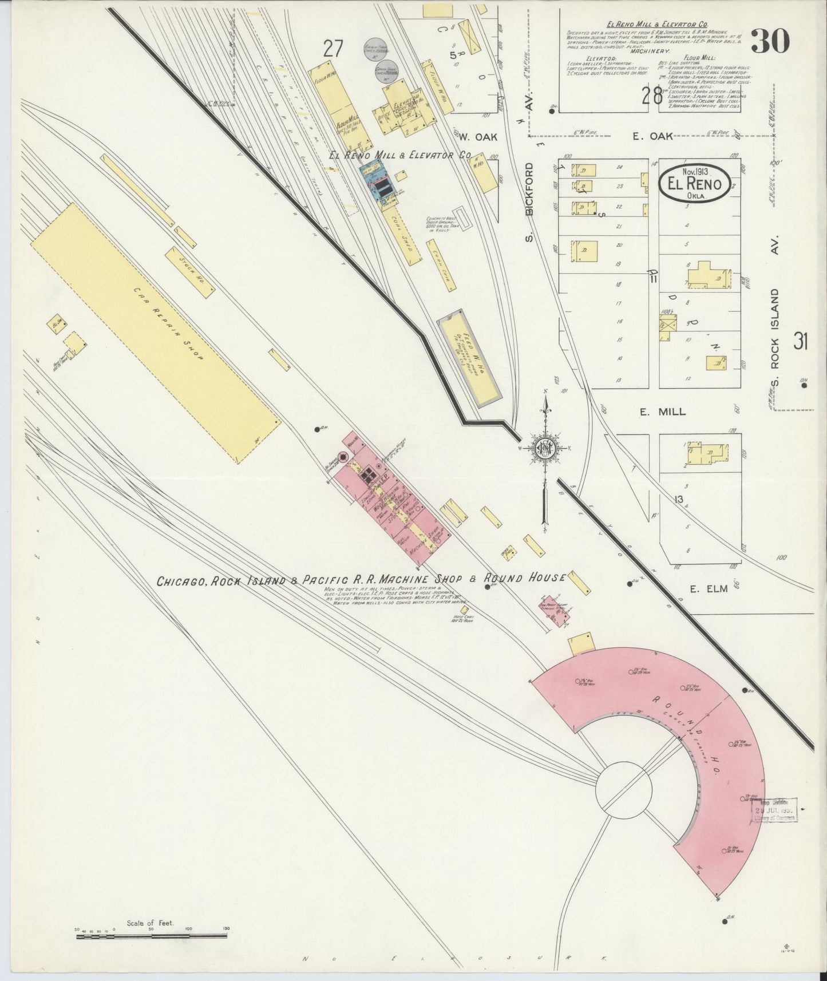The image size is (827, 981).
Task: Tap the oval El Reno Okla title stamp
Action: pyautogui.click(x=694, y=184)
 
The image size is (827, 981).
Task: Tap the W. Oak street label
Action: pyautogui.click(x=479, y=136)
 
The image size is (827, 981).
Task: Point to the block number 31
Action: pyautogui.click(x=800, y=342)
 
